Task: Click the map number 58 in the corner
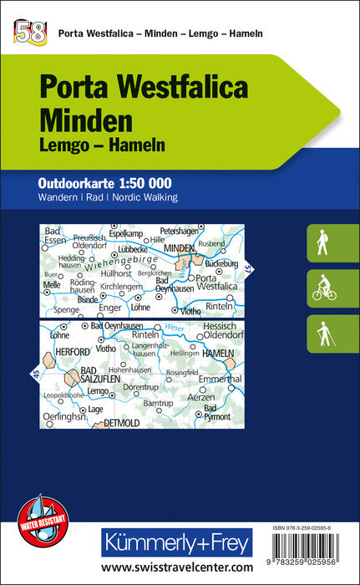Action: click(x=28, y=33)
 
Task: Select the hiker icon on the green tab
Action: click(x=322, y=244)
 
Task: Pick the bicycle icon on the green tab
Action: click(x=323, y=289)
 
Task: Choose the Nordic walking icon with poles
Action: click(x=323, y=334)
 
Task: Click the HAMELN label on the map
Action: click(x=219, y=355)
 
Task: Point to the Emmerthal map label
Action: click(x=220, y=379)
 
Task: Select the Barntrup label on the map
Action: click(x=157, y=403)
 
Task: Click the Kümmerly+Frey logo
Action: click(x=176, y=543)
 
